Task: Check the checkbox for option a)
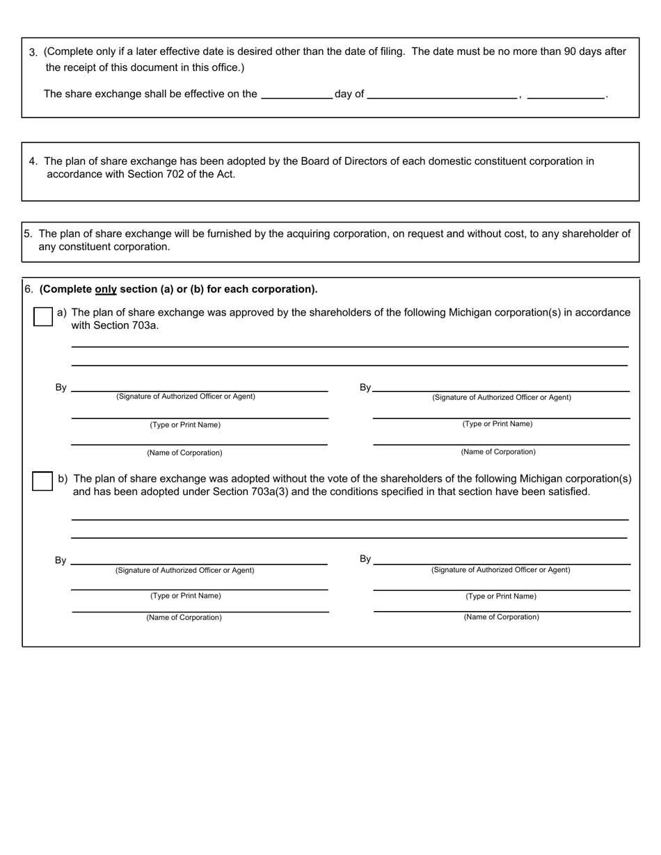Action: [43, 317]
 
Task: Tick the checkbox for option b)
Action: [42, 481]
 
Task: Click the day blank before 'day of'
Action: [296, 95]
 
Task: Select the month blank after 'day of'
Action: [442, 95]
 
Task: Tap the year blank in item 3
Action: [566, 95]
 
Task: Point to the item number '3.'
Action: [33, 52]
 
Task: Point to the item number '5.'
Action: [29, 234]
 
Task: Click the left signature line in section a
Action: [200, 388]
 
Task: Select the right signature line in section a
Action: [501, 388]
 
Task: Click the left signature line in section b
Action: [200, 560]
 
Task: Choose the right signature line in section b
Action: [501, 560]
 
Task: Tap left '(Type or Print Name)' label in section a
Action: [185, 425]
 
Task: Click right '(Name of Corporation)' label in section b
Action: [501, 617]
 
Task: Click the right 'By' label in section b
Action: [365, 559]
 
